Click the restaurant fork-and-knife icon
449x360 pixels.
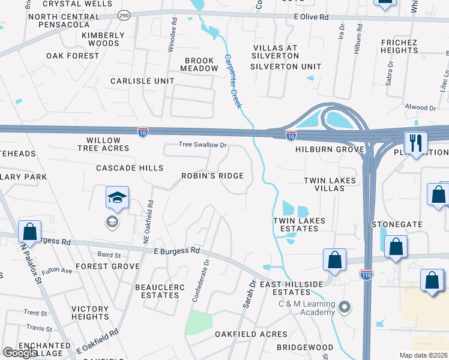click(x=415, y=143)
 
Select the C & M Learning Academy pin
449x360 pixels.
click(x=345, y=308)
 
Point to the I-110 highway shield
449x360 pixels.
click(x=366, y=274)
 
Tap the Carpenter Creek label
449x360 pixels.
click(x=233, y=82)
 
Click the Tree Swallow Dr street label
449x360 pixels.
click(x=202, y=145)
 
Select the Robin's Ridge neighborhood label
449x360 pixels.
click(x=213, y=176)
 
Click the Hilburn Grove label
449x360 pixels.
click(x=330, y=149)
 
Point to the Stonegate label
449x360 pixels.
click(x=397, y=224)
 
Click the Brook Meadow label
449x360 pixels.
click(x=201, y=64)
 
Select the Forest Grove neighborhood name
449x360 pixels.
click(x=107, y=266)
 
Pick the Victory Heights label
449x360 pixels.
click(x=90, y=313)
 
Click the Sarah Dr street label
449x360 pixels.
click(x=249, y=294)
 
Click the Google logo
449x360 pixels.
click(x=19, y=353)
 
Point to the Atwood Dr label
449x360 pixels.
click(x=420, y=107)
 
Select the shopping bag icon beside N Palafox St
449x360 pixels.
click(x=29, y=232)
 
